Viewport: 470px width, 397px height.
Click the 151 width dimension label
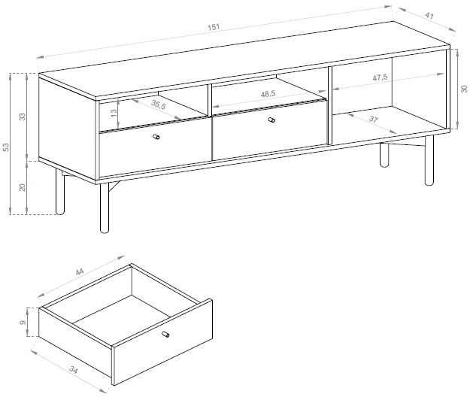(x=214, y=27)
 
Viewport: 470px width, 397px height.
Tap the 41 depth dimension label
(x=429, y=16)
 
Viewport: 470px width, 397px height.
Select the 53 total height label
(x=6, y=147)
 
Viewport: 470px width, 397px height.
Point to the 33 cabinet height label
(x=23, y=117)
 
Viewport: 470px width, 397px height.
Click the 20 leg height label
(x=23, y=187)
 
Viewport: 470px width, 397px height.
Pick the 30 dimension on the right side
(x=464, y=89)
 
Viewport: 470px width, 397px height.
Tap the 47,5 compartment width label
(x=380, y=77)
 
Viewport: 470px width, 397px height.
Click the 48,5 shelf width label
(x=268, y=94)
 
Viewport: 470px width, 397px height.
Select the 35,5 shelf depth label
(x=158, y=105)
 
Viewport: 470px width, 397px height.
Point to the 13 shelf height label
(x=114, y=113)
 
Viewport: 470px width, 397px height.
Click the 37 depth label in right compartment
(x=373, y=119)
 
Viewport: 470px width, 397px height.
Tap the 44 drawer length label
(x=80, y=271)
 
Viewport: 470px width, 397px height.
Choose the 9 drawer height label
(x=22, y=323)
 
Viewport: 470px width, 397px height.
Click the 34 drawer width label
(x=74, y=369)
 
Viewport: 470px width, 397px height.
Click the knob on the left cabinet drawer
(x=156, y=137)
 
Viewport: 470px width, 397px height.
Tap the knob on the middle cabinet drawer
(x=271, y=120)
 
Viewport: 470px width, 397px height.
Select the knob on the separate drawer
(x=165, y=334)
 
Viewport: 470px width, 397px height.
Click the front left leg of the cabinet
(x=105, y=208)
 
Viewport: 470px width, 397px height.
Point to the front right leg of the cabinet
(x=429, y=161)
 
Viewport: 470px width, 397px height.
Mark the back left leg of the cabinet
(x=60, y=192)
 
